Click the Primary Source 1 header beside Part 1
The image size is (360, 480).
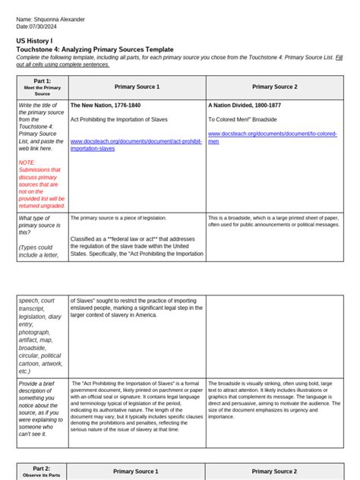click(x=137, y=87)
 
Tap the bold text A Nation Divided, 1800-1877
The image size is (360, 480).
click(x=251, y=106)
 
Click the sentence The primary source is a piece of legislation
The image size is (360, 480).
click(x=117, y=219)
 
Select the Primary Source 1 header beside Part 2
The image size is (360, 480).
click(x=137, y=472)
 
